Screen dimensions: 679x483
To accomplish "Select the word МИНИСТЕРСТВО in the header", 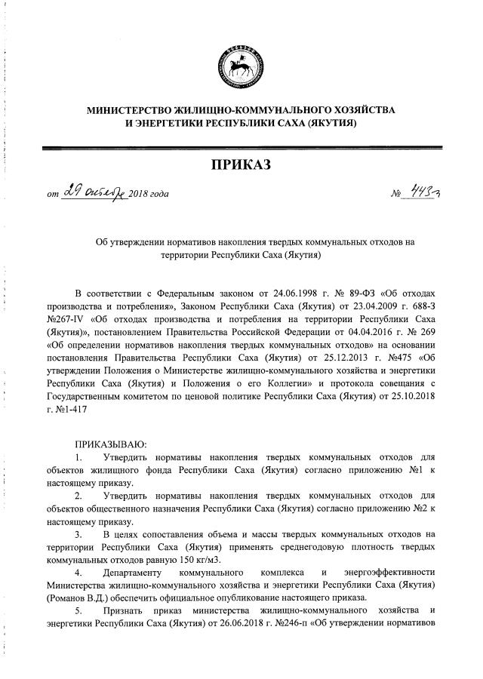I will pos(131,110).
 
